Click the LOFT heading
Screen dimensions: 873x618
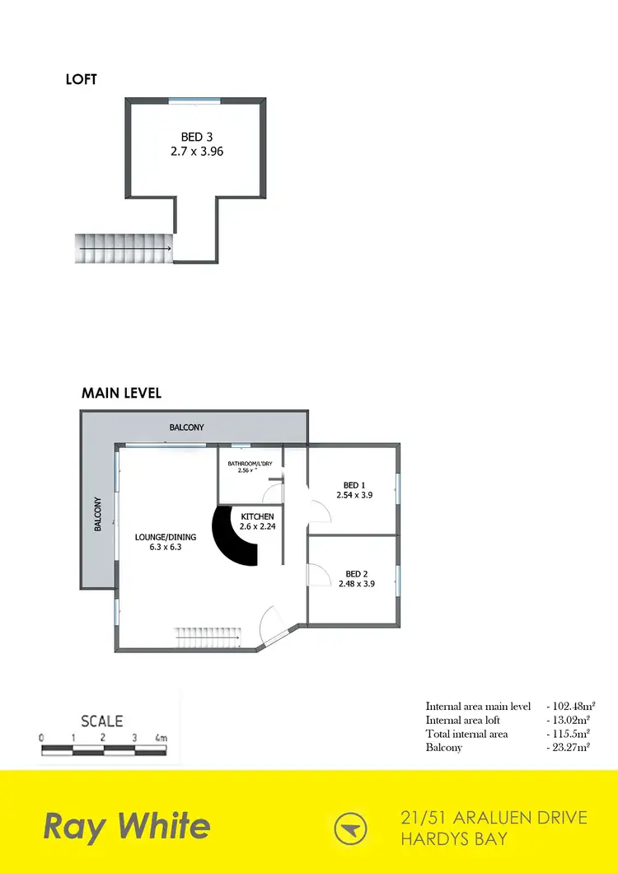click(82, 80)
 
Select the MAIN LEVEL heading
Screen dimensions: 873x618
click(121, 393)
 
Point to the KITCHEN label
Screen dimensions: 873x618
click(257, 516)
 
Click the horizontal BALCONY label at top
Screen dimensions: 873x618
click(186, 427)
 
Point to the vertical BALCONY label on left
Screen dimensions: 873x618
click(98, 513)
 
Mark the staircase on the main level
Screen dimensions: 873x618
click(206, 637)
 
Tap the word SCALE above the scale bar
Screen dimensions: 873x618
click(102, 721)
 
